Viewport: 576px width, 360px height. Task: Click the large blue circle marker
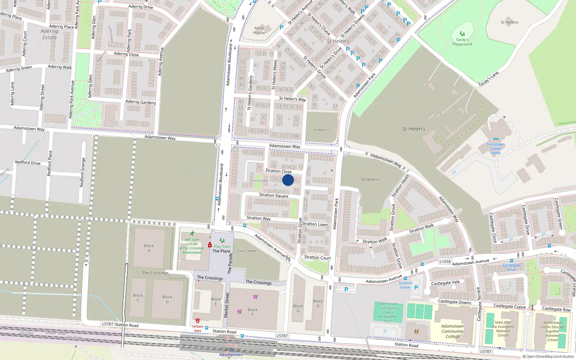click(288, 180)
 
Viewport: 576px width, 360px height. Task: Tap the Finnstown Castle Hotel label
click(496, 148)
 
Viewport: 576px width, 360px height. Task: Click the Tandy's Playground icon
click(462, 34)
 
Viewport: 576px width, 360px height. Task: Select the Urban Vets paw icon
click(197, 320)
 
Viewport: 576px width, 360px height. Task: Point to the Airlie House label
click(259, 30)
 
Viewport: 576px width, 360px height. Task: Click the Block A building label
click(149, 248)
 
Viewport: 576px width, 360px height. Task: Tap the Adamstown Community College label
click(453, 331)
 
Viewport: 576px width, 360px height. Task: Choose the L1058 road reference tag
click(445, 262)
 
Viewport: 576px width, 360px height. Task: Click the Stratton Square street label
click(274, 195)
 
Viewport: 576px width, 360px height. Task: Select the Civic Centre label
click(247, 251)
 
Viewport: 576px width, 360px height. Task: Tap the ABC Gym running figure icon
click(192, 234)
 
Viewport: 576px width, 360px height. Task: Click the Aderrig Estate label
click(49, 34)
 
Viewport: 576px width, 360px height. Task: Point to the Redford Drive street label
click(28, 163)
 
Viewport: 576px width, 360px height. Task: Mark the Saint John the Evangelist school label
click(503, 329)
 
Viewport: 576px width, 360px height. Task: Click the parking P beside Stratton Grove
click(416, 287)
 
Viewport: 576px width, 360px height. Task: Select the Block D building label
click(167, 299)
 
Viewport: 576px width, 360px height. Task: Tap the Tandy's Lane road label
click(489, 79)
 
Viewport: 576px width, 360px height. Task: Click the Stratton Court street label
click(317, 257)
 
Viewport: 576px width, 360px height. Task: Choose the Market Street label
click(227, 305)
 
